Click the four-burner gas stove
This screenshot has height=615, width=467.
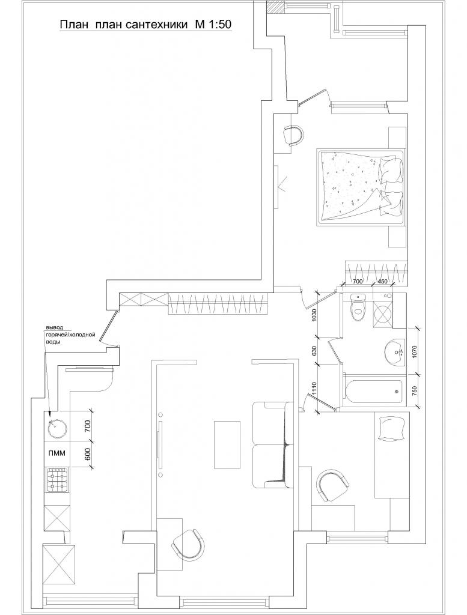[57, 480]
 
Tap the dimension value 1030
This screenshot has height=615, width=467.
[313, 315]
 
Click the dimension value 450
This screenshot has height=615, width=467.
[382, 281]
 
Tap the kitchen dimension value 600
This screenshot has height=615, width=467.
[88, 454]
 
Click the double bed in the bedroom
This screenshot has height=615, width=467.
[360, 187]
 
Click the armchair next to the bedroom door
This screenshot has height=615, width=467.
[293, 135]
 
